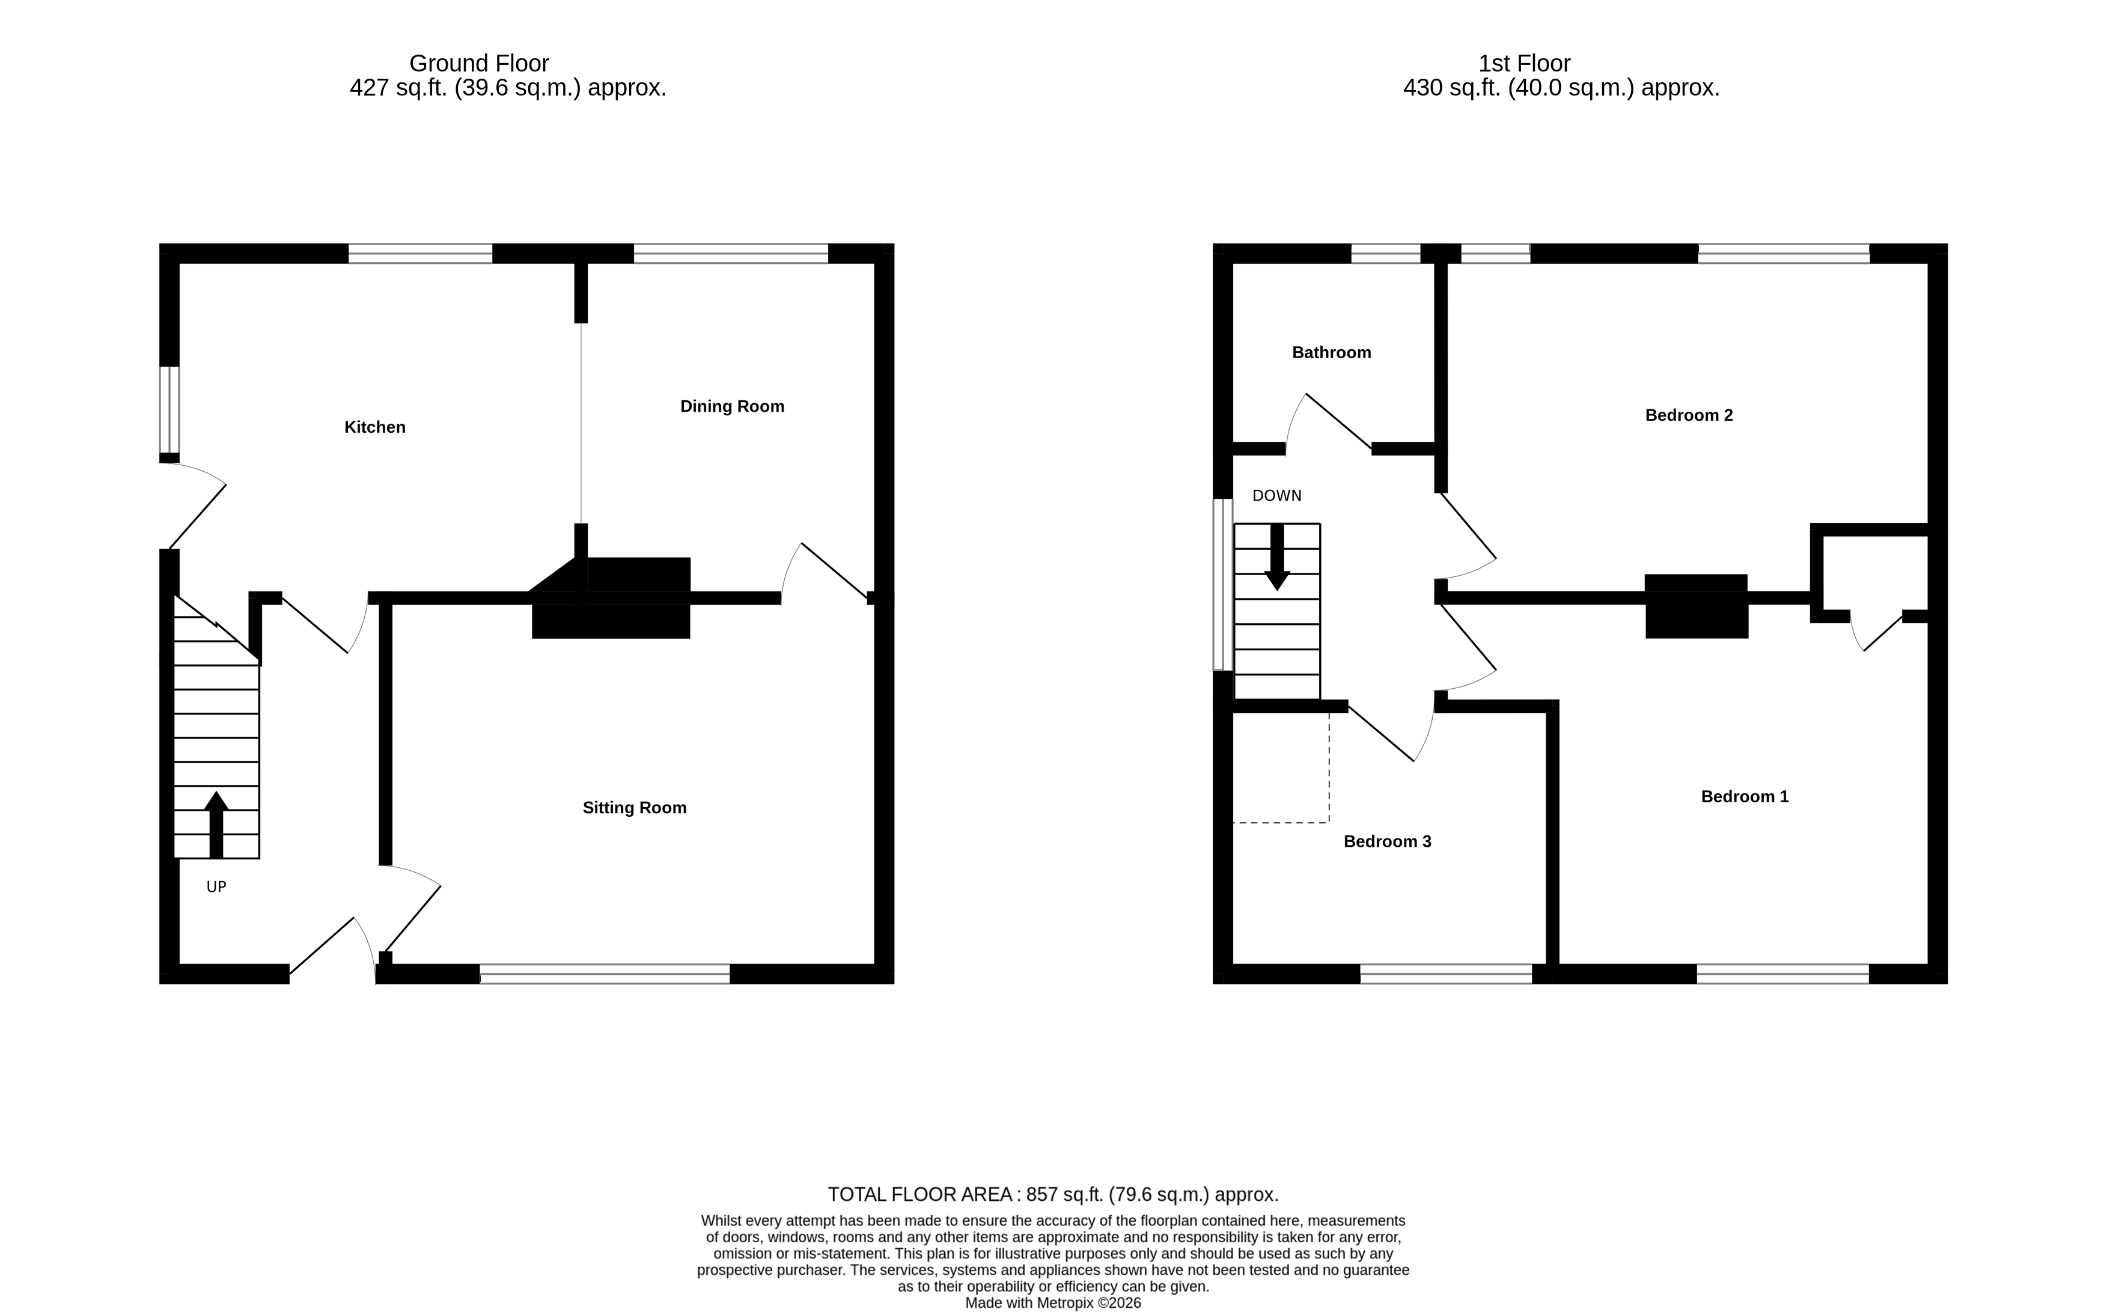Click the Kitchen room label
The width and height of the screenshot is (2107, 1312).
(x=375, y=427)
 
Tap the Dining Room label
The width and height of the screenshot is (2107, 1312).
(x=731, y=406)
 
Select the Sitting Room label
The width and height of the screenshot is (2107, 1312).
(x=634, y=808)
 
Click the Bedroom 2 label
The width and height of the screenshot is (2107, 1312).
(x=1688, y=415)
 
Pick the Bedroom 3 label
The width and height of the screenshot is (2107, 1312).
(x=1386, y=841)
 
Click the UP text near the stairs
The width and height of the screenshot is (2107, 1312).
(x=216, y=887)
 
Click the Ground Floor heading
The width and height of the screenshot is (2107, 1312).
(x=479, y=63)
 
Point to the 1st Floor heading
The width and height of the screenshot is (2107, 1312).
(x=1524, y=63)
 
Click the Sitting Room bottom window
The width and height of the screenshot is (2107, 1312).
(x=605, y=974)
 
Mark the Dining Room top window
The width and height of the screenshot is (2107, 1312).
(x=730, y=254)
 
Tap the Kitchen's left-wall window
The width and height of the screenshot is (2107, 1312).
(x=169, y=409)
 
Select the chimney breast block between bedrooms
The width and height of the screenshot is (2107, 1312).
(x=1696, y=606)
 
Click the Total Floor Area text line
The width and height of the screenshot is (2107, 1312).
(x=1052, y=1194)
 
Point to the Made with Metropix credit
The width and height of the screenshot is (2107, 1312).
(x=1052, y=1302)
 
